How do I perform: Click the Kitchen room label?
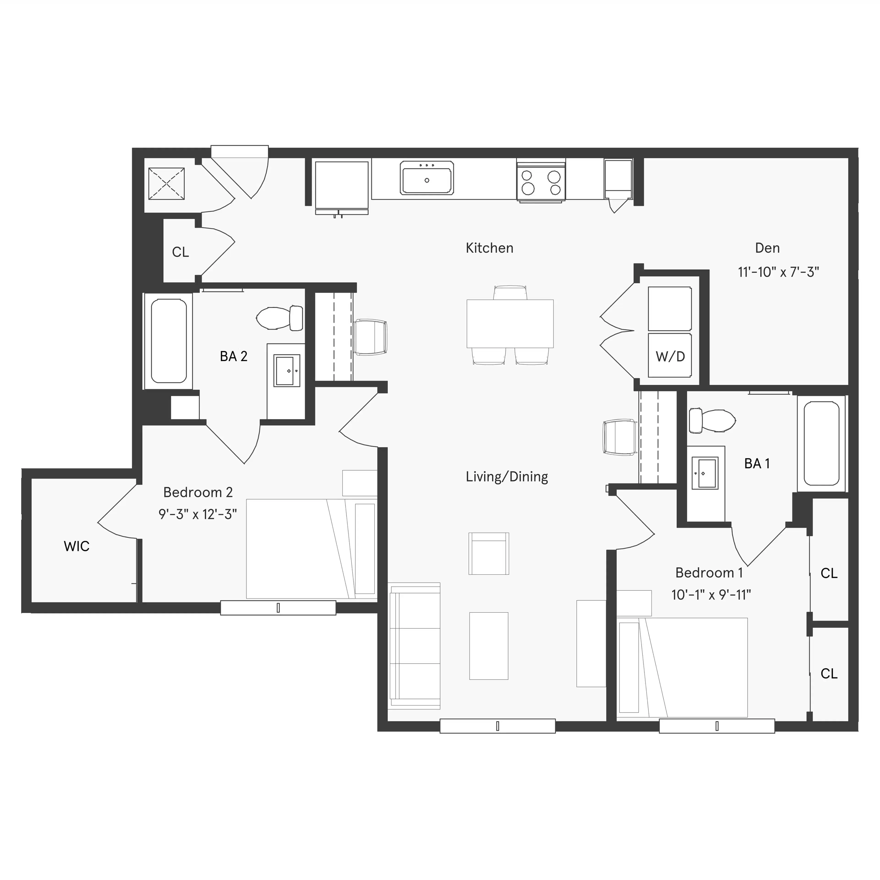click(x=489, y=248)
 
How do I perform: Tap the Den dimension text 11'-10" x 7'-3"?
click(x=778, y=272)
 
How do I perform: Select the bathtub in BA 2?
click(x=168, y=341)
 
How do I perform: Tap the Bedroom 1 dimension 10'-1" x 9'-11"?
click(x=711, y=594)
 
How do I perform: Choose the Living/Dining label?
click(x=506, y=476)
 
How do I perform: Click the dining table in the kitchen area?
click(x=510, y=323)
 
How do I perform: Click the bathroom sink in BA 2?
click(x=286, y=370)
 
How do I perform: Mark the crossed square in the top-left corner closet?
click(x=167, y=184)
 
